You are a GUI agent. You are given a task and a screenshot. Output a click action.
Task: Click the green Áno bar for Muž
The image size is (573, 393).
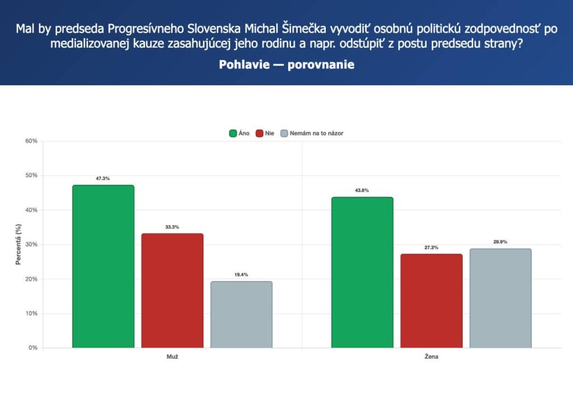point(104,266)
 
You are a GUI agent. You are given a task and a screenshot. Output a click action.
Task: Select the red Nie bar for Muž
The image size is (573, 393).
point(172,290)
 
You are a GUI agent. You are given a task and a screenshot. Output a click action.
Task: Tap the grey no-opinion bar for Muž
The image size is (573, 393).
point(242,315)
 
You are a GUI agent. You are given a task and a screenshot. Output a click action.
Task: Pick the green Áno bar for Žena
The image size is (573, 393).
point(363,272)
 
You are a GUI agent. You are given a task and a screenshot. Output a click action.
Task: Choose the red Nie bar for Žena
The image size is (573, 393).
point(431,300)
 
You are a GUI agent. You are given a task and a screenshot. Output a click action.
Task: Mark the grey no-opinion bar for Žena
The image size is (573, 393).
point(501,298)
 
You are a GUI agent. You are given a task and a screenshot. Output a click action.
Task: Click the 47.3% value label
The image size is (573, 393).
point(103,178)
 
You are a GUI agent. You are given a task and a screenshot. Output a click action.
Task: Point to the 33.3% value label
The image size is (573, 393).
point(172,227)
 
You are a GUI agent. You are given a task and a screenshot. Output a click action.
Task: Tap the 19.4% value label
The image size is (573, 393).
point(241,275)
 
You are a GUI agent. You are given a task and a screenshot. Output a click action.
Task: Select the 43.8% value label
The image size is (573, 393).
point(362,191)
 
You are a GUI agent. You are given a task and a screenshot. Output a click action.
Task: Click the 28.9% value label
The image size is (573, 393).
point(500,242)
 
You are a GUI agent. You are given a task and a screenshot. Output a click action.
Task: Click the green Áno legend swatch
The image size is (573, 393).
point(233,133)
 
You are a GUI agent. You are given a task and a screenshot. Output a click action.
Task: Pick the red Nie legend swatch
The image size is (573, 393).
point(260,133)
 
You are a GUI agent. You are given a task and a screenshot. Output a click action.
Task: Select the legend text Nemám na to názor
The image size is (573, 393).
point(317,133)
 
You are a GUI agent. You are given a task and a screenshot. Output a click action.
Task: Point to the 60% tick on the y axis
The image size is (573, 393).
point(31,141)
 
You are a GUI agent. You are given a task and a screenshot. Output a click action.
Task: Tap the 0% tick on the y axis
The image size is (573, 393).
point(33,348)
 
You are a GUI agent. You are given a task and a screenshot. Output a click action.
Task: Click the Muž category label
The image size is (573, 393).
point(172,357)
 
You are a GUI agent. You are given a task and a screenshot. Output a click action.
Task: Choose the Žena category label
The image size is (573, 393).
point(431,357)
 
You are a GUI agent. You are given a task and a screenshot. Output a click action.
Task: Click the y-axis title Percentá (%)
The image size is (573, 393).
point(18,244)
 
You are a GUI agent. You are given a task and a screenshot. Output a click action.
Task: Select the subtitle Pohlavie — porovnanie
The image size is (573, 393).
point(286,64)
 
